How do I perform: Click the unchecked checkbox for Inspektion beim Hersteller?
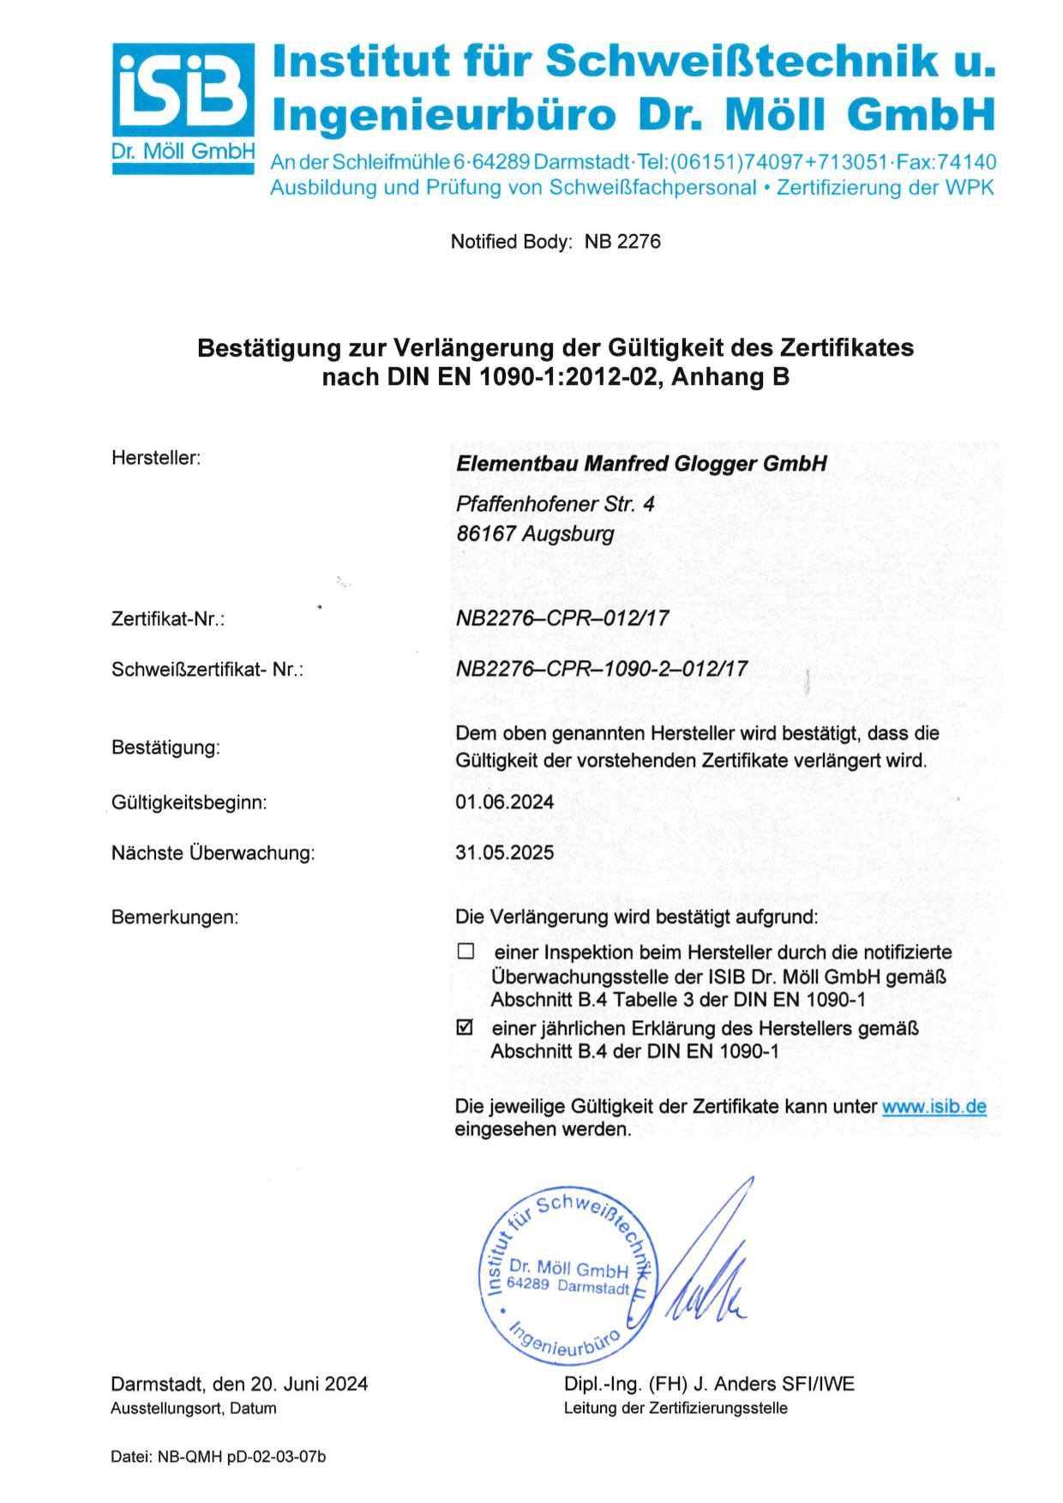click(x=465, y=951)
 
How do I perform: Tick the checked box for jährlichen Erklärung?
click(x=465, y=1026)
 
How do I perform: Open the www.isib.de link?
click(x=934, y=1106)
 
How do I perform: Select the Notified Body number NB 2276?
click(x=622, y=242)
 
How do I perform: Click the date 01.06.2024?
click(x=504, y=803)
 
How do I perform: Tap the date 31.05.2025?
click(x=504, y=852)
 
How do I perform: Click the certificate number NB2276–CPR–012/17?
click(x=562, y=618)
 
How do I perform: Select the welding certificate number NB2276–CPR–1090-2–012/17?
click(x=601, y=669)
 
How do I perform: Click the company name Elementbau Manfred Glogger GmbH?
click(x=641, y=464)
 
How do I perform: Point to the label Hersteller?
click(x=156, y=458)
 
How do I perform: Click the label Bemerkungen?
click(x=175, y=917)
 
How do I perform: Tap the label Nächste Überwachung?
click(x=213, y=853)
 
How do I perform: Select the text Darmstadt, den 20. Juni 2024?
click(x=239, y=1384)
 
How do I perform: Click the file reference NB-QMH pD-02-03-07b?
click(x=242, y=1457)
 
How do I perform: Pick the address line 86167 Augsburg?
click(x=535, y=533)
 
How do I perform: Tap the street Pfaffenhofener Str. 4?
click(x=555, y=504)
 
